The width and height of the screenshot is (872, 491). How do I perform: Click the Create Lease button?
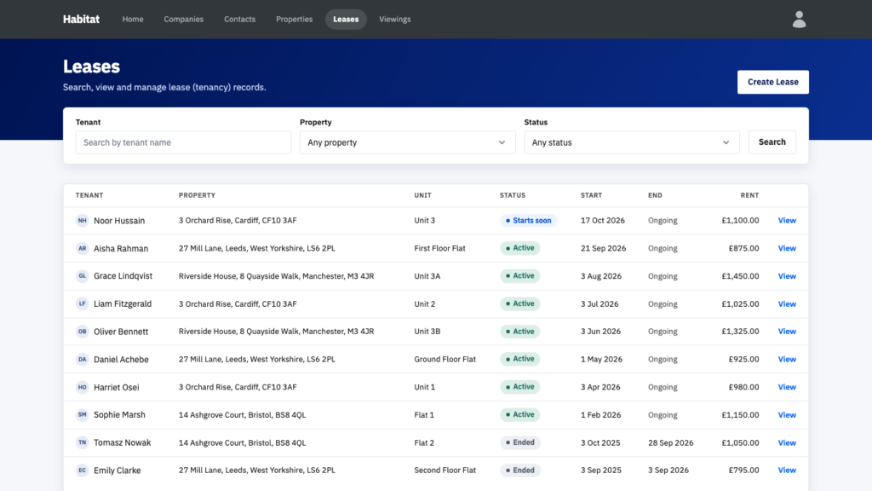[x=772, y=82]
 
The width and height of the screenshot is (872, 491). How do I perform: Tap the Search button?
[x=772, y=142]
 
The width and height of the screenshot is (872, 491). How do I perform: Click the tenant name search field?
[x=183, y=142]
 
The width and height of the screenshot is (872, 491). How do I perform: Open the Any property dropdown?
[x=407, y=142]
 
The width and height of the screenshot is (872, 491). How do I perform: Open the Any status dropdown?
[x=632, y=142]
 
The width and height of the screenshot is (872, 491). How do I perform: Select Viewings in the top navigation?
[x=395, y=19]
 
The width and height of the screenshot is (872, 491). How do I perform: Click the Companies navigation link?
[x=184, y=19]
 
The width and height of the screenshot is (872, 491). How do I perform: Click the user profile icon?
[x=799, y=20]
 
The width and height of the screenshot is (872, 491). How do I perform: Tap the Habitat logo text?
[x=81, y=19]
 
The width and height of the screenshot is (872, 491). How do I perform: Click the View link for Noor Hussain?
[x=787, y=221]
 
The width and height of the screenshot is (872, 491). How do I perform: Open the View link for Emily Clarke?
[x=787, y=471]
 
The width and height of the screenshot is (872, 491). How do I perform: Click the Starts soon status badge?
[x=528, y=221]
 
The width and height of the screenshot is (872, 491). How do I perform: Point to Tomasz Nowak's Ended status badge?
[x=520, y=442]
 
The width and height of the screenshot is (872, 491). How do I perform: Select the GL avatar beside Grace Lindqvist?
[x=83, y=276]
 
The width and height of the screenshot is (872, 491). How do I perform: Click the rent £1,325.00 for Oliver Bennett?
[x=740, y=332]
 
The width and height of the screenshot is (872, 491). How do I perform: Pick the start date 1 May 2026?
[x=602, y=359]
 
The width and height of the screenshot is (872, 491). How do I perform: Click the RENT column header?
[x=749, y=195]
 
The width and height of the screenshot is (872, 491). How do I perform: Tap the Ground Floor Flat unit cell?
[x=445, y=359]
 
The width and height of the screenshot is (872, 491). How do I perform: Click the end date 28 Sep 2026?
[x=671, y=442]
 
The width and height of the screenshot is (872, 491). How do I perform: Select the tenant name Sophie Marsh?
[x=119, y=415]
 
